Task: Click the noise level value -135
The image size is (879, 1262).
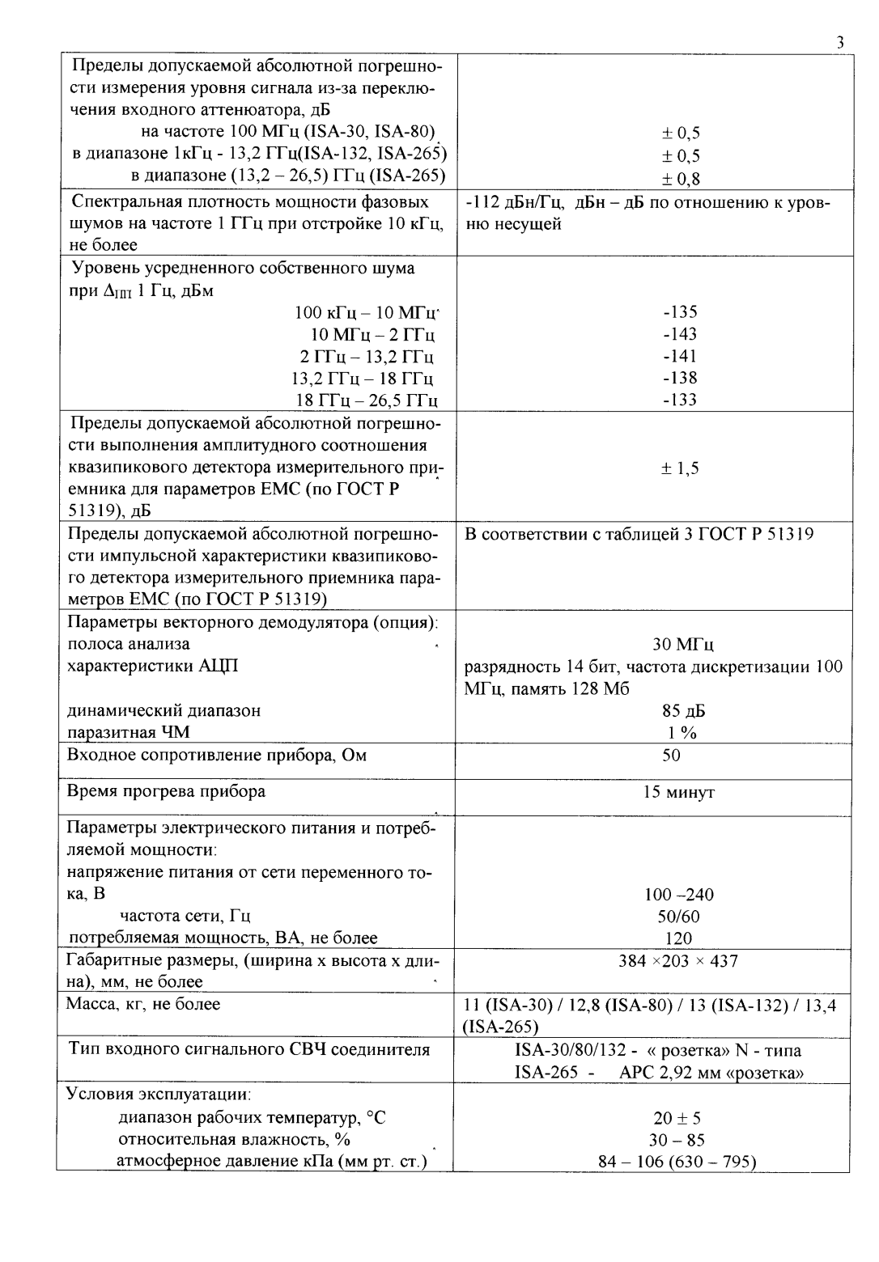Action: point(680,312)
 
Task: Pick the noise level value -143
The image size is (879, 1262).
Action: point(680,334)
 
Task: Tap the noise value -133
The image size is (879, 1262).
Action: point(680,400)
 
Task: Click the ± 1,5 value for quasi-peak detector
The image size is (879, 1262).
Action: point(680,468)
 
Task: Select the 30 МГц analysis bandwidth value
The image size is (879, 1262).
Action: point(682,645)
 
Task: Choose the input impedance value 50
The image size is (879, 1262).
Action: point(671,756)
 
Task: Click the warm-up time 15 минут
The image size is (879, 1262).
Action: point(678,793)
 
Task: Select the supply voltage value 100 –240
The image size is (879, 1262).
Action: point(679,895)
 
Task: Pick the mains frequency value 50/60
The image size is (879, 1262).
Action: point(679,917)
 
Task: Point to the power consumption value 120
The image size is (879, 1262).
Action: point(679,938)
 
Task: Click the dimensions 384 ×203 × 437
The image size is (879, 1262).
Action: point(677,961)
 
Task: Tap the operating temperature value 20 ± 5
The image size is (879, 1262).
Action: point(677,1119)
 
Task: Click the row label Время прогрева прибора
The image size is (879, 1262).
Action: point(166,790)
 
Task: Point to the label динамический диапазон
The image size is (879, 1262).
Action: point(163,711)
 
